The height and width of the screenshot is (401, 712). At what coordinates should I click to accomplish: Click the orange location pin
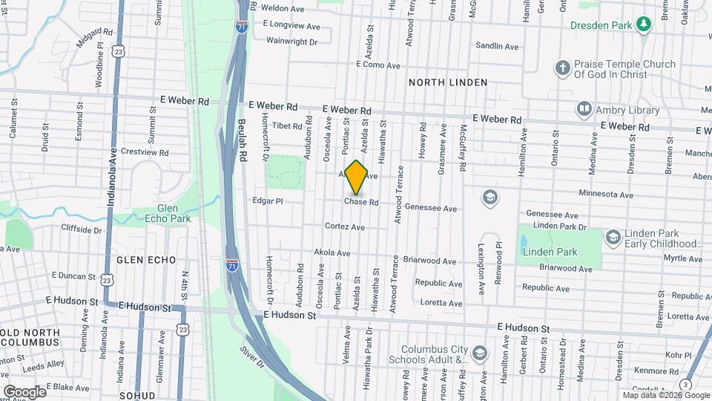coord(357,177)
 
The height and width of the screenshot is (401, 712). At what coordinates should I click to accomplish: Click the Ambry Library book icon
coord(584,110)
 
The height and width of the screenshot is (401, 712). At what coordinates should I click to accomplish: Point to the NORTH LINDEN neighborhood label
coord(448,82)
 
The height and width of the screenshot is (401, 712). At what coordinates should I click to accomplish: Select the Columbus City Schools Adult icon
coord(478,353)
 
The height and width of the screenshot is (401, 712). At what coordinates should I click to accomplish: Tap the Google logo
coord(24,391)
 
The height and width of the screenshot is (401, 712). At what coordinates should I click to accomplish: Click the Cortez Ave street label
coord(344,226)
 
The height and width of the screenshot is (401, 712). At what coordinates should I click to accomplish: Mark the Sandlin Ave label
coord(497,46)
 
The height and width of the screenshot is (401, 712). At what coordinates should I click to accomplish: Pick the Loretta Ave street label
coord(439,303)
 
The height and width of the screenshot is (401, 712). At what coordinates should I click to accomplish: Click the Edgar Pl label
coord(268,200)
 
